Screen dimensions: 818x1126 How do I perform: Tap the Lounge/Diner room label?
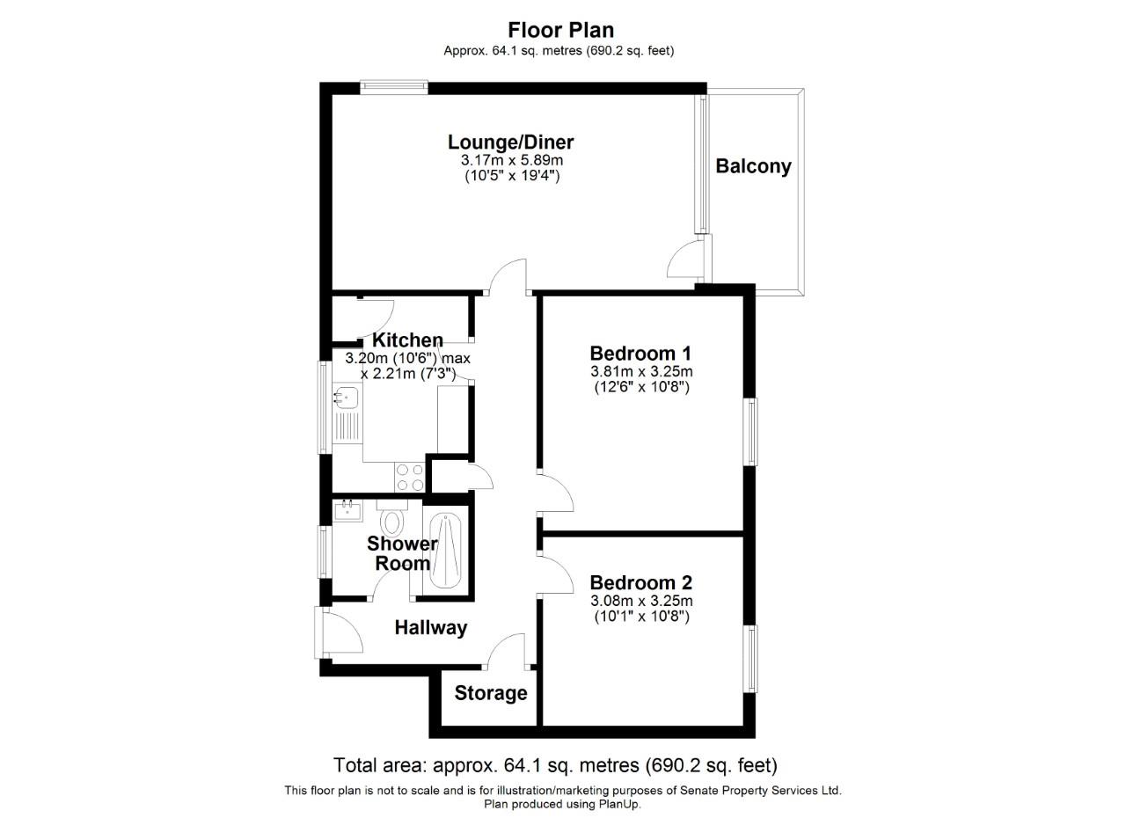click(510, 142)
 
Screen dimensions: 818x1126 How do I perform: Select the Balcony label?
click(753, 166)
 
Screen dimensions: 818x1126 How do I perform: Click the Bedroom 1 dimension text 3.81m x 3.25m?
click(641, 371)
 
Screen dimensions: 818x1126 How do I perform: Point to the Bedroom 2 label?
click(640, 582)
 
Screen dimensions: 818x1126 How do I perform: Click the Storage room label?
click(491, 693)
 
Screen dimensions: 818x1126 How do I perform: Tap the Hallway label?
click(430, 628)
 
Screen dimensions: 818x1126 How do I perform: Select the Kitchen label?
click(407, 340)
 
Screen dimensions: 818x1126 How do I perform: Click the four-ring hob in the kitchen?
click(410, 477)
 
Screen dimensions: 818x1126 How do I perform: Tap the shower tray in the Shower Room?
click(446, 551)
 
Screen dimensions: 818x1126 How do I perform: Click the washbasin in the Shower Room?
click(347, 509)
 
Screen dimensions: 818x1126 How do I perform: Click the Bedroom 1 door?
click(556, 493)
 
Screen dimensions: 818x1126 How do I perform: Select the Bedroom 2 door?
click(556, 574)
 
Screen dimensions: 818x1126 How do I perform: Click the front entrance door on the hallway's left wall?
click(341, 630)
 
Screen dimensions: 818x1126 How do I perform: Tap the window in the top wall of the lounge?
click(394, 86)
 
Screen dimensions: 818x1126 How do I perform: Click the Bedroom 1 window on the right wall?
click(751, 431)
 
